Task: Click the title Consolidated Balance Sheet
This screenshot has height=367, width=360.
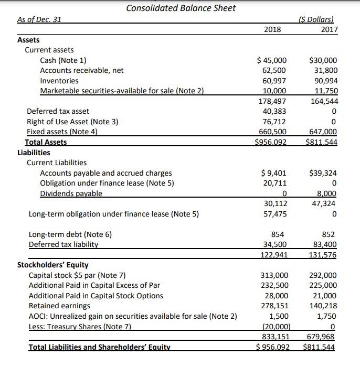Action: click(x=181, y=8)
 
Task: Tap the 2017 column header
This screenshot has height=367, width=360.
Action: click(x=329, y=29)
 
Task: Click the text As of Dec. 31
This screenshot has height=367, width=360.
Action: click(x=39, y=19)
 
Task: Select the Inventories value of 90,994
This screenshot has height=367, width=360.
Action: click(x=325, y=81)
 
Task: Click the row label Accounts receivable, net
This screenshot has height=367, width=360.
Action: click(x=82, y=70)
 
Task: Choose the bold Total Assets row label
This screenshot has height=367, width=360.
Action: click(x=46, y=142)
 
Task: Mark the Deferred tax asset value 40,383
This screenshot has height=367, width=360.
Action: click(x=274, y=111)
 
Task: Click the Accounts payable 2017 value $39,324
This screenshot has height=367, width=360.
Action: click(x=324, y=173)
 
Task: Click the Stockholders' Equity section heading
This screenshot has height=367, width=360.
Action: click(x=53, y=265)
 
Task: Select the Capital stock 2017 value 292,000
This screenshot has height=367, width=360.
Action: click(x=323, y=275)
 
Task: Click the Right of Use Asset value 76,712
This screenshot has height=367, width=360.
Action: click(x=274, y=122)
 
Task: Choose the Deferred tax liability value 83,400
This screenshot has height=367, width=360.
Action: click(x=325, y=244)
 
